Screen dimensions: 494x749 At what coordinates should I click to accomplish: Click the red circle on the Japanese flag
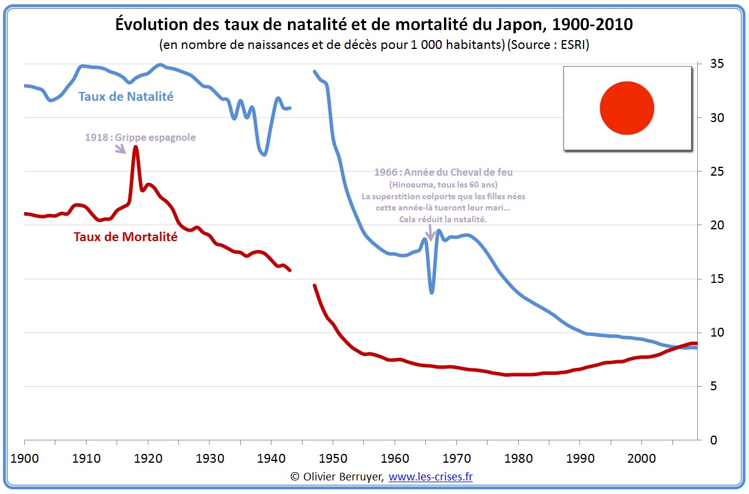tap(627, 108)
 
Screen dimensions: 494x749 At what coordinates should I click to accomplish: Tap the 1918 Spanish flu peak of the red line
tap(135, 147)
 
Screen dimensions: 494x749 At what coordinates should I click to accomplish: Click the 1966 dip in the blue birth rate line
tap(432, 291)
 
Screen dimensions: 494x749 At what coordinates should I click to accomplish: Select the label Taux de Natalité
tap(126, 97)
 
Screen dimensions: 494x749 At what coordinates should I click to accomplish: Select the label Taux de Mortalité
tap(125, 237)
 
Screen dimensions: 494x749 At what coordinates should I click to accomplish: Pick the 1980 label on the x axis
tap(518, 458)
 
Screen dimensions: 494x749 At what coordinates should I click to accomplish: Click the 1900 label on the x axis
tap(25, 458)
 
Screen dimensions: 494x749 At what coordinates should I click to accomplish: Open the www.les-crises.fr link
tap(430, 476)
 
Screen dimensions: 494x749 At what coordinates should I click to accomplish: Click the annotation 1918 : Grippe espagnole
tap(140, 137)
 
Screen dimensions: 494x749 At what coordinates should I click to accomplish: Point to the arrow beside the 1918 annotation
tap(121, 149)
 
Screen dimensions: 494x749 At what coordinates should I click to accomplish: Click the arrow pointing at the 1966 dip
tap(430, 234)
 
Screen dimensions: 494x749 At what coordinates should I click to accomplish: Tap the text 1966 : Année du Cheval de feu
tap(443, 172)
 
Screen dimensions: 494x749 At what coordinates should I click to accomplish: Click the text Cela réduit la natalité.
tap(443, 219)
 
